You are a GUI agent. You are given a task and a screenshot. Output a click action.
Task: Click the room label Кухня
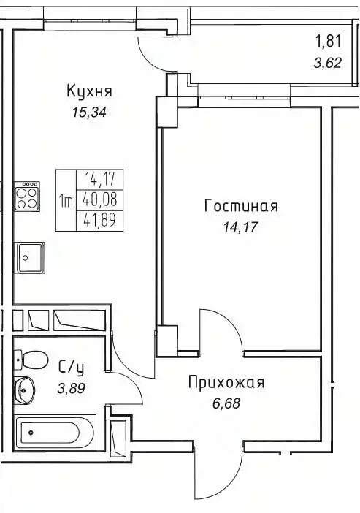(x=89, y=91)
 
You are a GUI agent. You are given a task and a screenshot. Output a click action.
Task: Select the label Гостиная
(x=241, y=206)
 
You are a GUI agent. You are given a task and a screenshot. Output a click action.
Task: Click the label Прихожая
(x=226, y=382)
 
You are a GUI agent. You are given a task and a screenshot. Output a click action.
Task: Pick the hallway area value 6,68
(x=225, y=403)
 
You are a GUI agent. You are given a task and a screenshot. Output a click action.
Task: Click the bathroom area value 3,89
(x=71, y=388)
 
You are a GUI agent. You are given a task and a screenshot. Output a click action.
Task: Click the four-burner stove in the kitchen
(x=27, y=195)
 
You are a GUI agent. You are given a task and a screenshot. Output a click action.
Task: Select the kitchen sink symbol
(x=31, y=257)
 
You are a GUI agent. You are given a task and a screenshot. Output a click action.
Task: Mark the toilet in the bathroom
(x=31, y=360)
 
